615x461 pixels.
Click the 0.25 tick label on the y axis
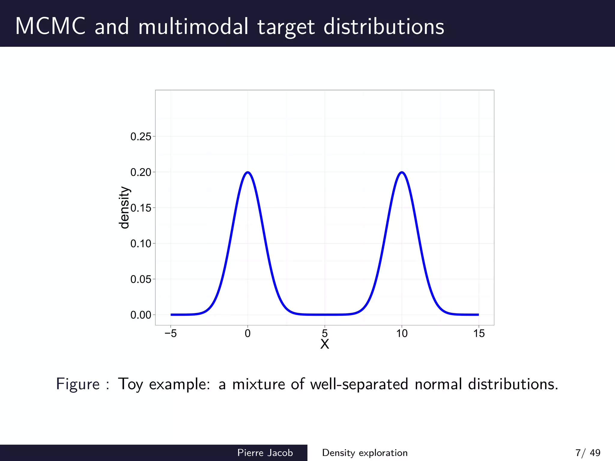coord(141,137)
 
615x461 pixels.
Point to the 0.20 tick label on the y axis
coord(141,172)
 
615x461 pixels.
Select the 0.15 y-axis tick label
coord(141,208)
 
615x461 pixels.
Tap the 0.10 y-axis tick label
coord(141,244)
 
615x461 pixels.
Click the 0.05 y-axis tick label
coord(141,279)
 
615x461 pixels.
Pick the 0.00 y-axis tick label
coord(141,315)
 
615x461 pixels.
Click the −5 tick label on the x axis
coord(171,333)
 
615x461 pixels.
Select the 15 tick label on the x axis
coord(479,333)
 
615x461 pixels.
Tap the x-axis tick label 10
coord(402,333)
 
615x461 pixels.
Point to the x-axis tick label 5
coord(325,333)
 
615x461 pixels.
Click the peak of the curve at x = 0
coord(248,172)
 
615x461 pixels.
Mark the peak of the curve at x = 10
coord(402,172)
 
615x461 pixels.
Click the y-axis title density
coord(124,208)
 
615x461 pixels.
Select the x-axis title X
coord(325,344)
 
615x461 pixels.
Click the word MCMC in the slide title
coord(50,26)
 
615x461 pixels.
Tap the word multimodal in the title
coord(193,26)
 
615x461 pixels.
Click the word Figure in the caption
coord(78,384)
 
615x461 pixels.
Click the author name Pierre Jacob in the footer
coord(265,453)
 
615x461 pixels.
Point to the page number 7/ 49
coord(588,453)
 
